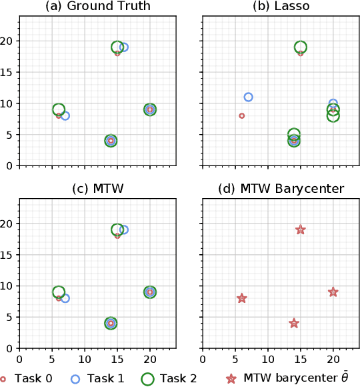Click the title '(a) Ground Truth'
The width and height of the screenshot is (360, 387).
97,7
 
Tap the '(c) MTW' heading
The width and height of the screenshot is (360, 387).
97,189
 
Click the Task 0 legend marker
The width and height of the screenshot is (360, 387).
4,378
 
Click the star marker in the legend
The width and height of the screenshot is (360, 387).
231,378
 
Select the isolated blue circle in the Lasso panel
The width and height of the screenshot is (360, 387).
248,97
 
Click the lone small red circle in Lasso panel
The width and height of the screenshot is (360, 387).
241,115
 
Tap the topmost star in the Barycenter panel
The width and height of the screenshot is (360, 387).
301,230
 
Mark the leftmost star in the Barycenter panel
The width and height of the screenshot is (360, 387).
241,298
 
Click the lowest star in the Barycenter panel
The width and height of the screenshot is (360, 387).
294,323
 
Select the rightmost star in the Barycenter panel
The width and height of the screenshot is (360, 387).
333,292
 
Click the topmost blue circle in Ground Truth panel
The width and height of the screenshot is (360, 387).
124,47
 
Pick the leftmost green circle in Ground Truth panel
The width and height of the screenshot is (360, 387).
59,109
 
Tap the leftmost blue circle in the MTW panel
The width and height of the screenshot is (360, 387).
65,298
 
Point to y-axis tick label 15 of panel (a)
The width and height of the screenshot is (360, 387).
9,72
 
